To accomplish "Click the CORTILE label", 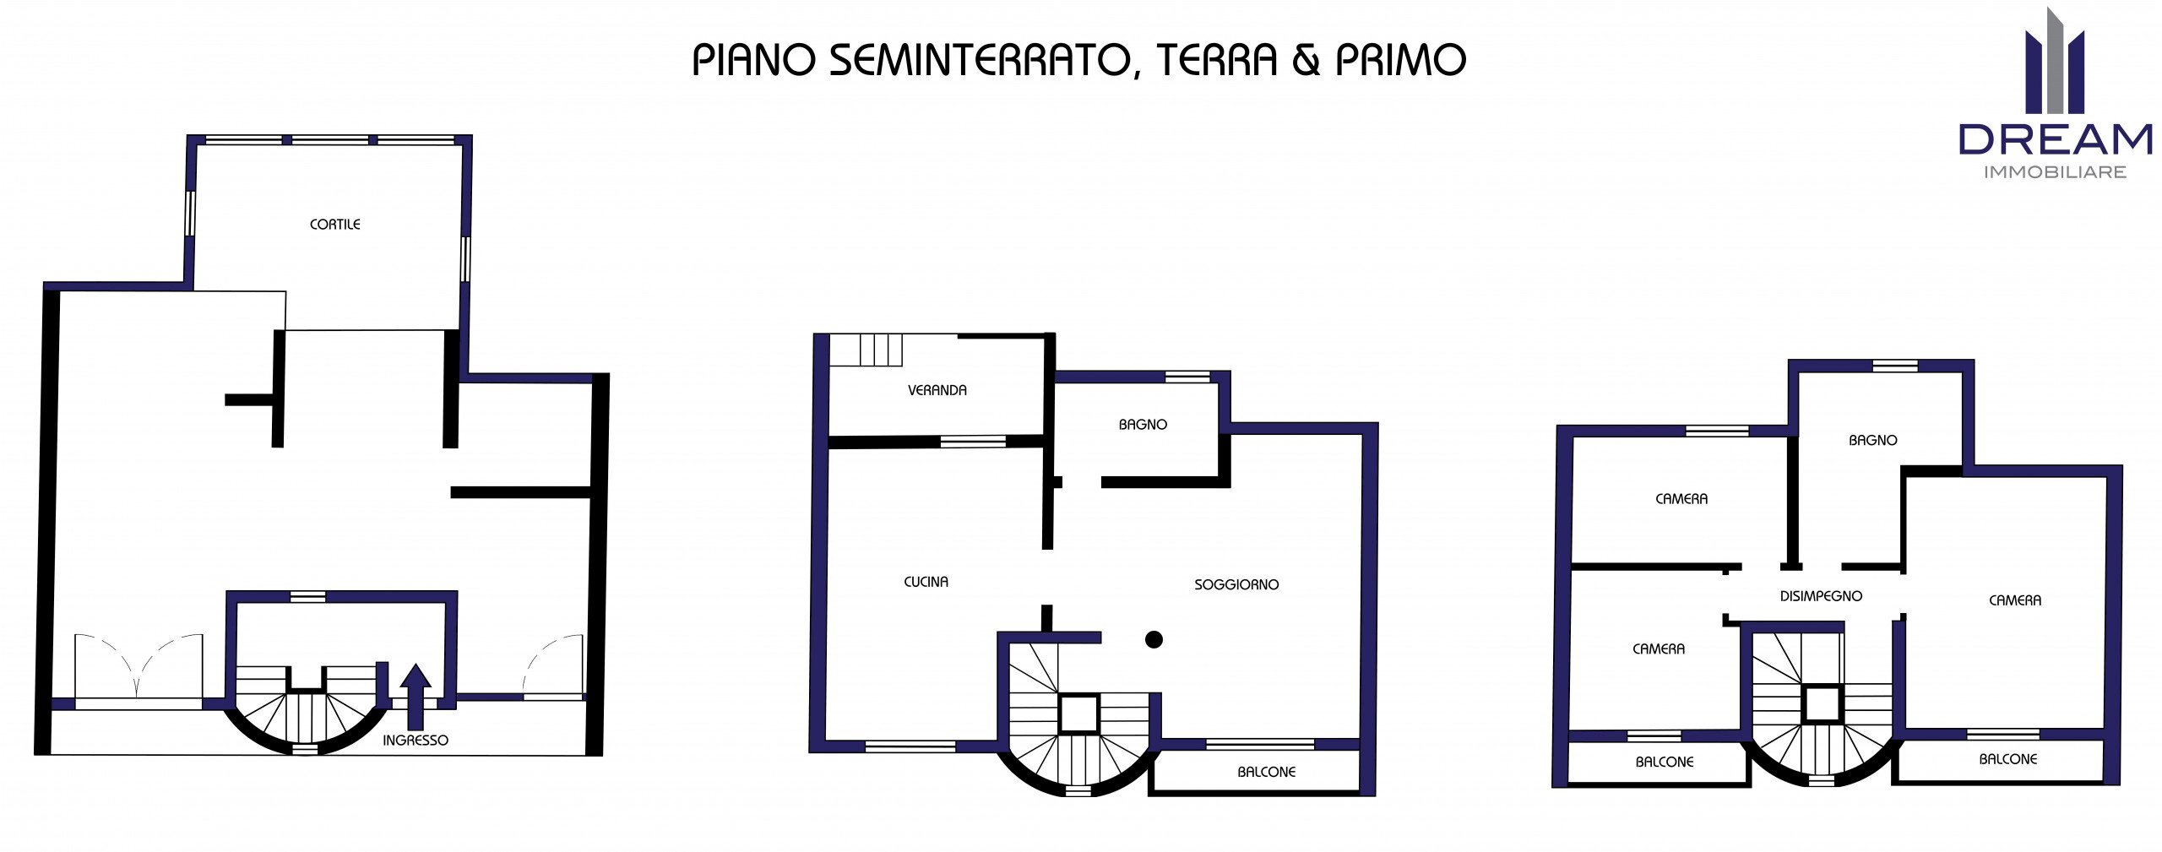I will pyautogui.click(x=334, y=225).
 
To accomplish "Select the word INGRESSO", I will pyautogui.click(x=415, y=741).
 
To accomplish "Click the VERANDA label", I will pyautogui.click(x=937, y=390).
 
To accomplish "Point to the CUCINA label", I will pyautogui.click(x=926, y=582).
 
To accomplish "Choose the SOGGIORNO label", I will pyautogui.click(x=1236, y=584).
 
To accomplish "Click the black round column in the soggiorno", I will pyautogui.click(x=1154, y=640).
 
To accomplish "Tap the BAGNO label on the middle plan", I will pyautogui.click(x=1142, y=425).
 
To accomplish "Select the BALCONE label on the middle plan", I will pyautogui.click(x=1266, y=772).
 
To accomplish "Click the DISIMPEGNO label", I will pyautogui.click(x=1821, y=596).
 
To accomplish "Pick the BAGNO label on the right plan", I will pyautogui.click(x=1872, y=440).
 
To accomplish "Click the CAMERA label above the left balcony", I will pyautogui.click(x=1658, y=649).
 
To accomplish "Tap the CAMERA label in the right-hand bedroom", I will pyautogui.click(x=2014, y=600).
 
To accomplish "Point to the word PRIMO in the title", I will pyautogui.click(x=1400, y=60).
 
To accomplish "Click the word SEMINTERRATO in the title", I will pyautogui.click(x=979, y=60).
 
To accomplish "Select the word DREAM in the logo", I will pyautogui.click(x=2055, y=140).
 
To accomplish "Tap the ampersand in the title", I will pyautogui.click(x=1305, y=60).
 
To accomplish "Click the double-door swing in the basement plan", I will pyautogui.click(x=139, y=667).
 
